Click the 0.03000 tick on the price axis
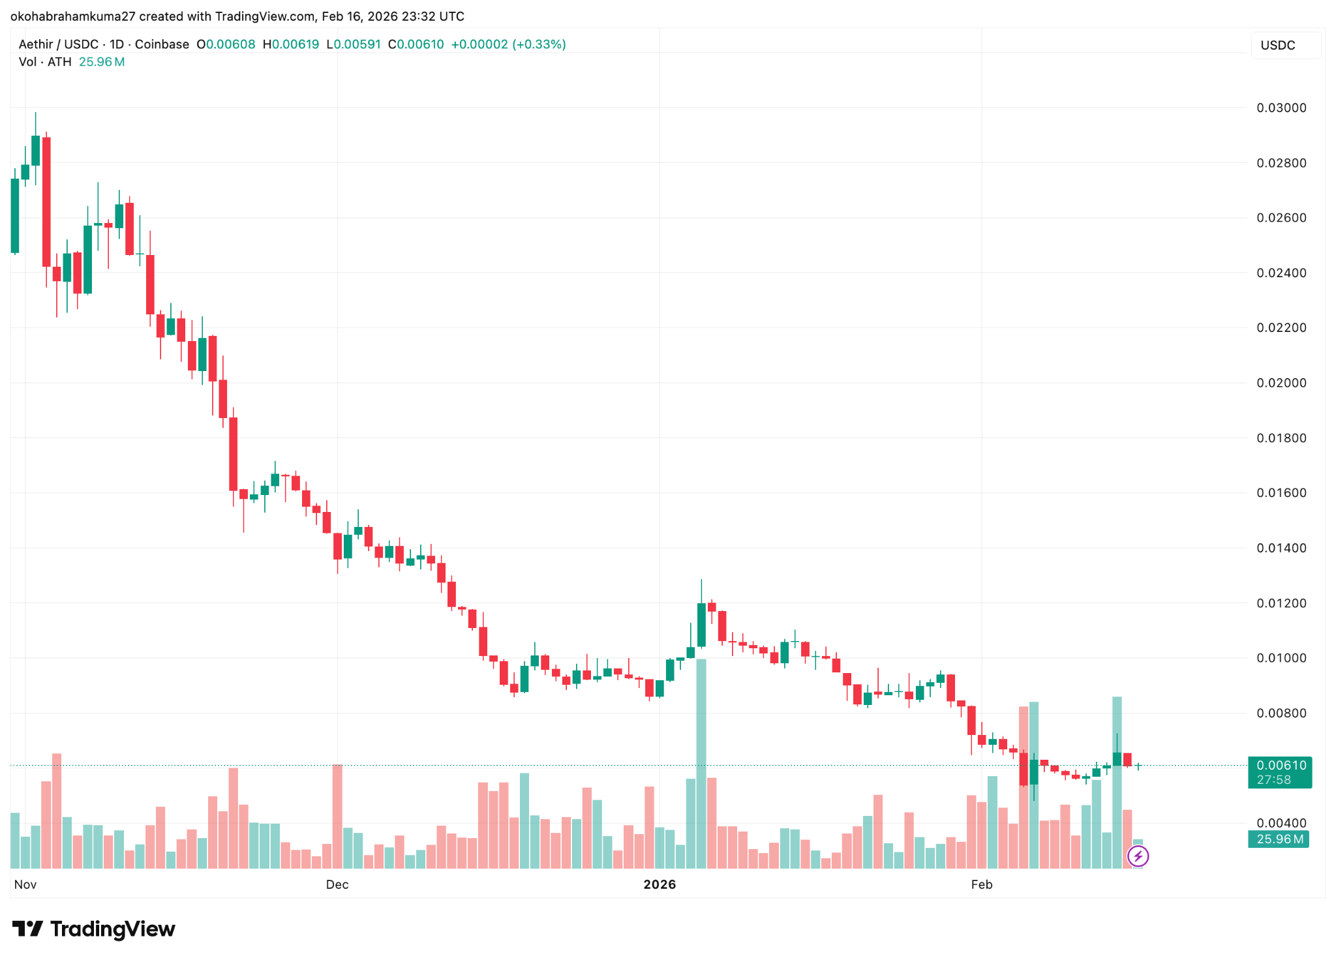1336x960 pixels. (x=1281, y=108)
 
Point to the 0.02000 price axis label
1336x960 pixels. (x=1281, y=383)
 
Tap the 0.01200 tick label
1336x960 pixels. (x=1281, y=603)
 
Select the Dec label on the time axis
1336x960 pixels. (x=337, y=884)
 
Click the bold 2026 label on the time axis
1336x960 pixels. (x=660, y=884)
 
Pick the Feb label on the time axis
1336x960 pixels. (x=981, y=884)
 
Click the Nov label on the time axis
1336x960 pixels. (x=25, y=884)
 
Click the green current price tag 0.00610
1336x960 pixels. (x=1280, y=766)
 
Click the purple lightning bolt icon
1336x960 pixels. (x=1138, y=856)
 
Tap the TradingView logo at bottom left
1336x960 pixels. (x=94, y=929)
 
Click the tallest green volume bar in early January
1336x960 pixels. (x=701, y=763)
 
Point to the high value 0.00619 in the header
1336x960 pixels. (x=295, y=44)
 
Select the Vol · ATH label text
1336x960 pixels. (x=45, y=62)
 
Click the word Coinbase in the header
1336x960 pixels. (x=162, y=44)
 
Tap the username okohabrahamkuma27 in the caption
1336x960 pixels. (x=72, y=16)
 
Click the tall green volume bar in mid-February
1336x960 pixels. (x=1117, y=783)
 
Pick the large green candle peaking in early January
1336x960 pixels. (x=701, y=625)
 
